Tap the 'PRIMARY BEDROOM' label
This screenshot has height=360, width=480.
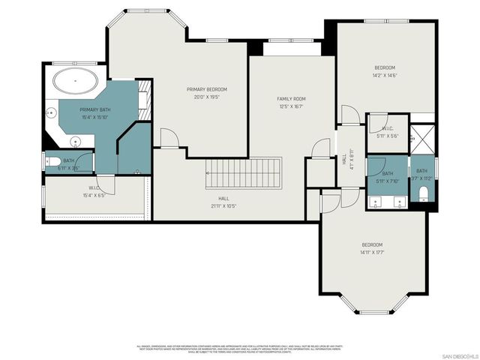coord(206,89)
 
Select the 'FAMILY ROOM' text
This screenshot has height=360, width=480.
coord(292,98)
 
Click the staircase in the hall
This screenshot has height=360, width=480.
coord(243,173)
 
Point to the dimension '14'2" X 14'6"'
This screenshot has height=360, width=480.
coord(385,75)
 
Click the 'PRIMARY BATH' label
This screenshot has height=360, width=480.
coord(95,109)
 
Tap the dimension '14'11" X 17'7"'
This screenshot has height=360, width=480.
coord(373,252)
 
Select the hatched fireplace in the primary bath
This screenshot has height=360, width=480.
coord(146,95)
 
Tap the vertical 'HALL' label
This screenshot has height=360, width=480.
coord(344,160)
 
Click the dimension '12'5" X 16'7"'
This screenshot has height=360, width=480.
coord(292,106)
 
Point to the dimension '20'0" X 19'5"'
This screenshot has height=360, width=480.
coord(206,97)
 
